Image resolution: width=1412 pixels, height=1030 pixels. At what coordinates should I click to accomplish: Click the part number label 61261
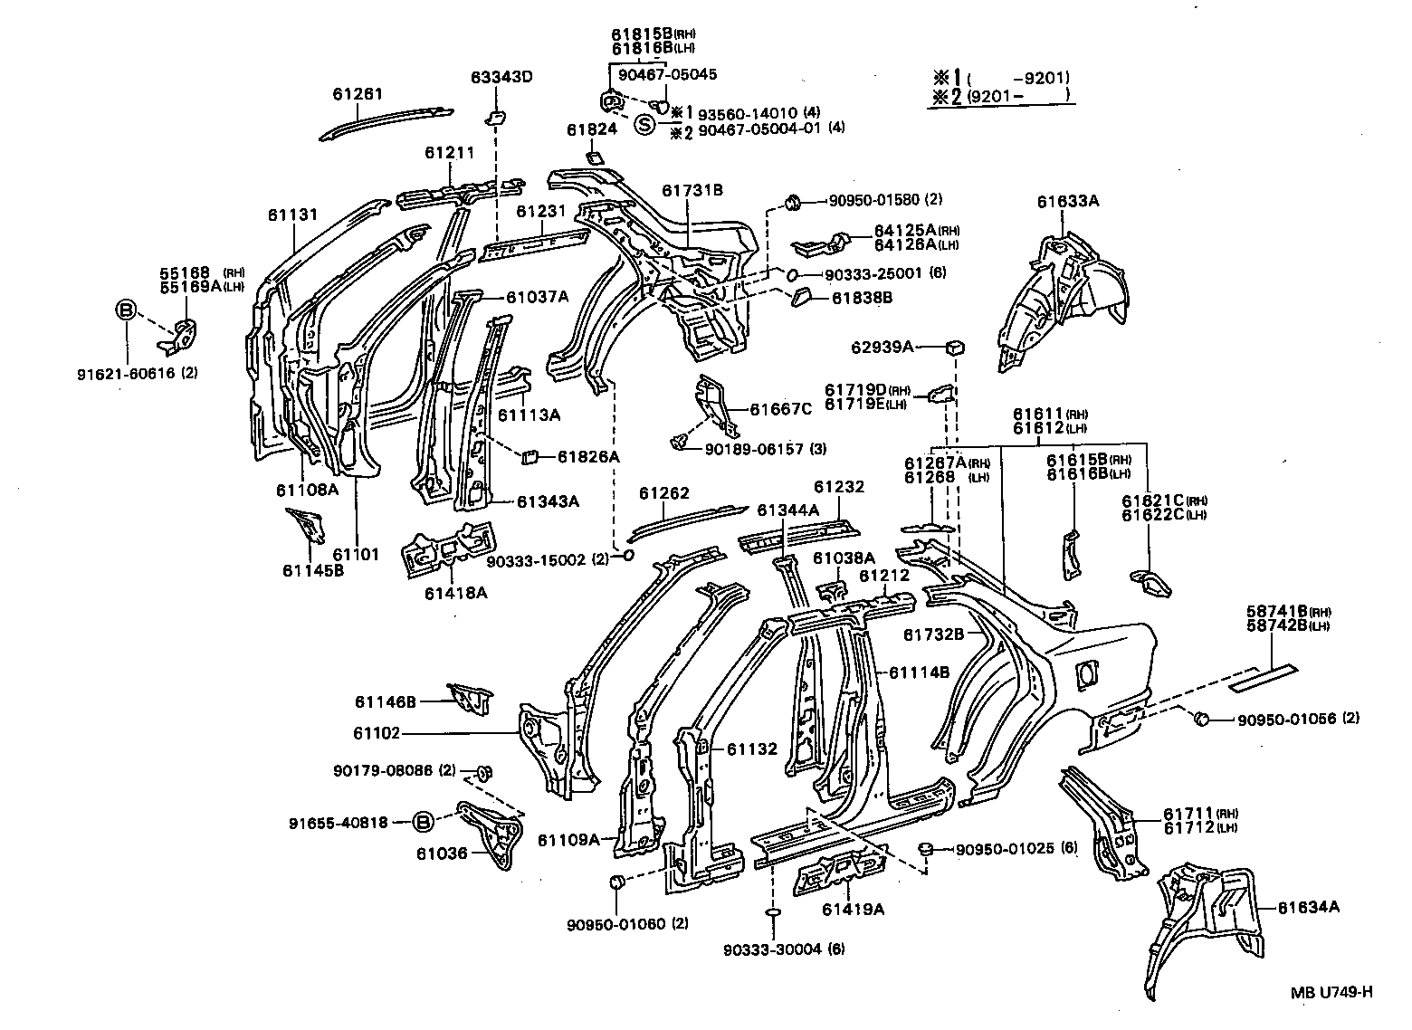pos(358,93)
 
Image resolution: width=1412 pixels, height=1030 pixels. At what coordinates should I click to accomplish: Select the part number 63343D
pos(501,77)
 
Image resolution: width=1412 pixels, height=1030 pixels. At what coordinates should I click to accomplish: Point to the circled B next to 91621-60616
pos(126,311)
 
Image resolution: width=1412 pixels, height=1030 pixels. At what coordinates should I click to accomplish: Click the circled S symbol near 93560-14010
pos(644,125)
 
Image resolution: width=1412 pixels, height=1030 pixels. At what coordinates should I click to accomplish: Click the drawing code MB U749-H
pos(1331,991)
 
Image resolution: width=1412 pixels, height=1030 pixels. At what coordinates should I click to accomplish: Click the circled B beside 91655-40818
pos(423,822)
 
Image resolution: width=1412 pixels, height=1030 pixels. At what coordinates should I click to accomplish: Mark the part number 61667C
pos(781,408)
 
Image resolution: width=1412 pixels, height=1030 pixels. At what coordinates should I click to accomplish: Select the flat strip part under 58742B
pos(1263,677)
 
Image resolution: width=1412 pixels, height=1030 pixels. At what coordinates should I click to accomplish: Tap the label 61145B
pos(312,570)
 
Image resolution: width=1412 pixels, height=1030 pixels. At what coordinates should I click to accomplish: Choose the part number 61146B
pos(386,701)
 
